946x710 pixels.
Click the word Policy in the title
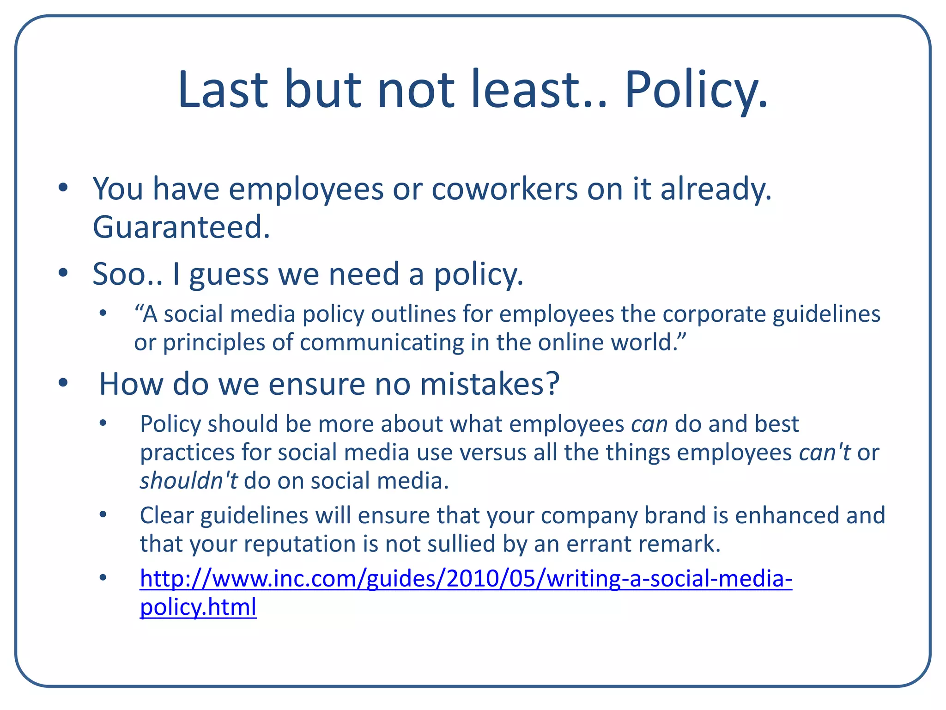pos(696,90)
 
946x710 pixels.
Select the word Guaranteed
pos(181,227)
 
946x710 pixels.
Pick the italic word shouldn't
pos(188,481)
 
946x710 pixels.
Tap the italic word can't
pos(825,452)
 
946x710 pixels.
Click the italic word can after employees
pos(649,424)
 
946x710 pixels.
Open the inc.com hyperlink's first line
pos(466,579)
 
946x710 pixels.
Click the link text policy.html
pos(198,607)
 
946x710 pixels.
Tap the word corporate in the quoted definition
pos(714,314)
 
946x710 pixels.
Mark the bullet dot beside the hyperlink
pos(103,578)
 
